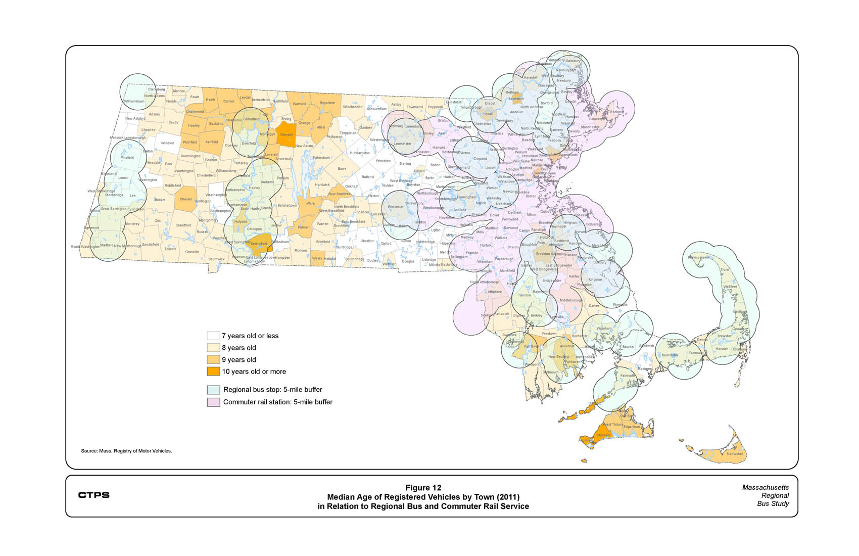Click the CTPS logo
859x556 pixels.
coord(93,495)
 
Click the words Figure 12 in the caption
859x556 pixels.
coord(423,488)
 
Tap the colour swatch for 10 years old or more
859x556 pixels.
coord(213,372)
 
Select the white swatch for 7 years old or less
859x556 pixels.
coord(213,336)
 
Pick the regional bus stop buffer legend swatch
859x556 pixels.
coord(213,390)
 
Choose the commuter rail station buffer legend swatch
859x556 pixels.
coord(213,402)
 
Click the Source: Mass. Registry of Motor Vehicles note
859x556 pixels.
coord(126,451)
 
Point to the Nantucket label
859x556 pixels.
coord(735,454)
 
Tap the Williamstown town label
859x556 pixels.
coord(134,101)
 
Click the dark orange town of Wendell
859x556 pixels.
coord(287,135)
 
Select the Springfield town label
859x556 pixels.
coord(259,244)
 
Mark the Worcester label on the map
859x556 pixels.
coord(396,207)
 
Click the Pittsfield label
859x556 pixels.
coord(127,158)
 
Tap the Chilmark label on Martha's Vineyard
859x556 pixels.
coord(603,435)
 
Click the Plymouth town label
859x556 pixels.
coord(620,305)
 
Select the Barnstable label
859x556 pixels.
coord(670,355)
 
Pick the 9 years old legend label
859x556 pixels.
coord(238,360)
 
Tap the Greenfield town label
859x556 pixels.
coord(251,119)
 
